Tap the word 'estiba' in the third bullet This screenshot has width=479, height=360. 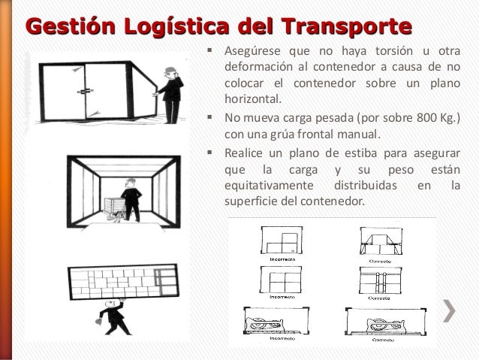(374, 153)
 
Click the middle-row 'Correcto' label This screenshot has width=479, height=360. (380, 298)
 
